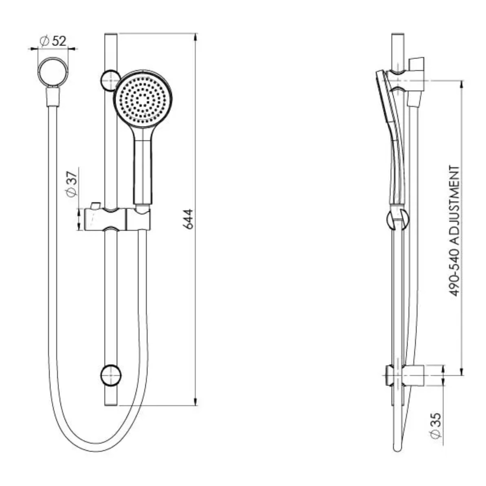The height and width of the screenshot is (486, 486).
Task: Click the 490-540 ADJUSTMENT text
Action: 455,231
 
